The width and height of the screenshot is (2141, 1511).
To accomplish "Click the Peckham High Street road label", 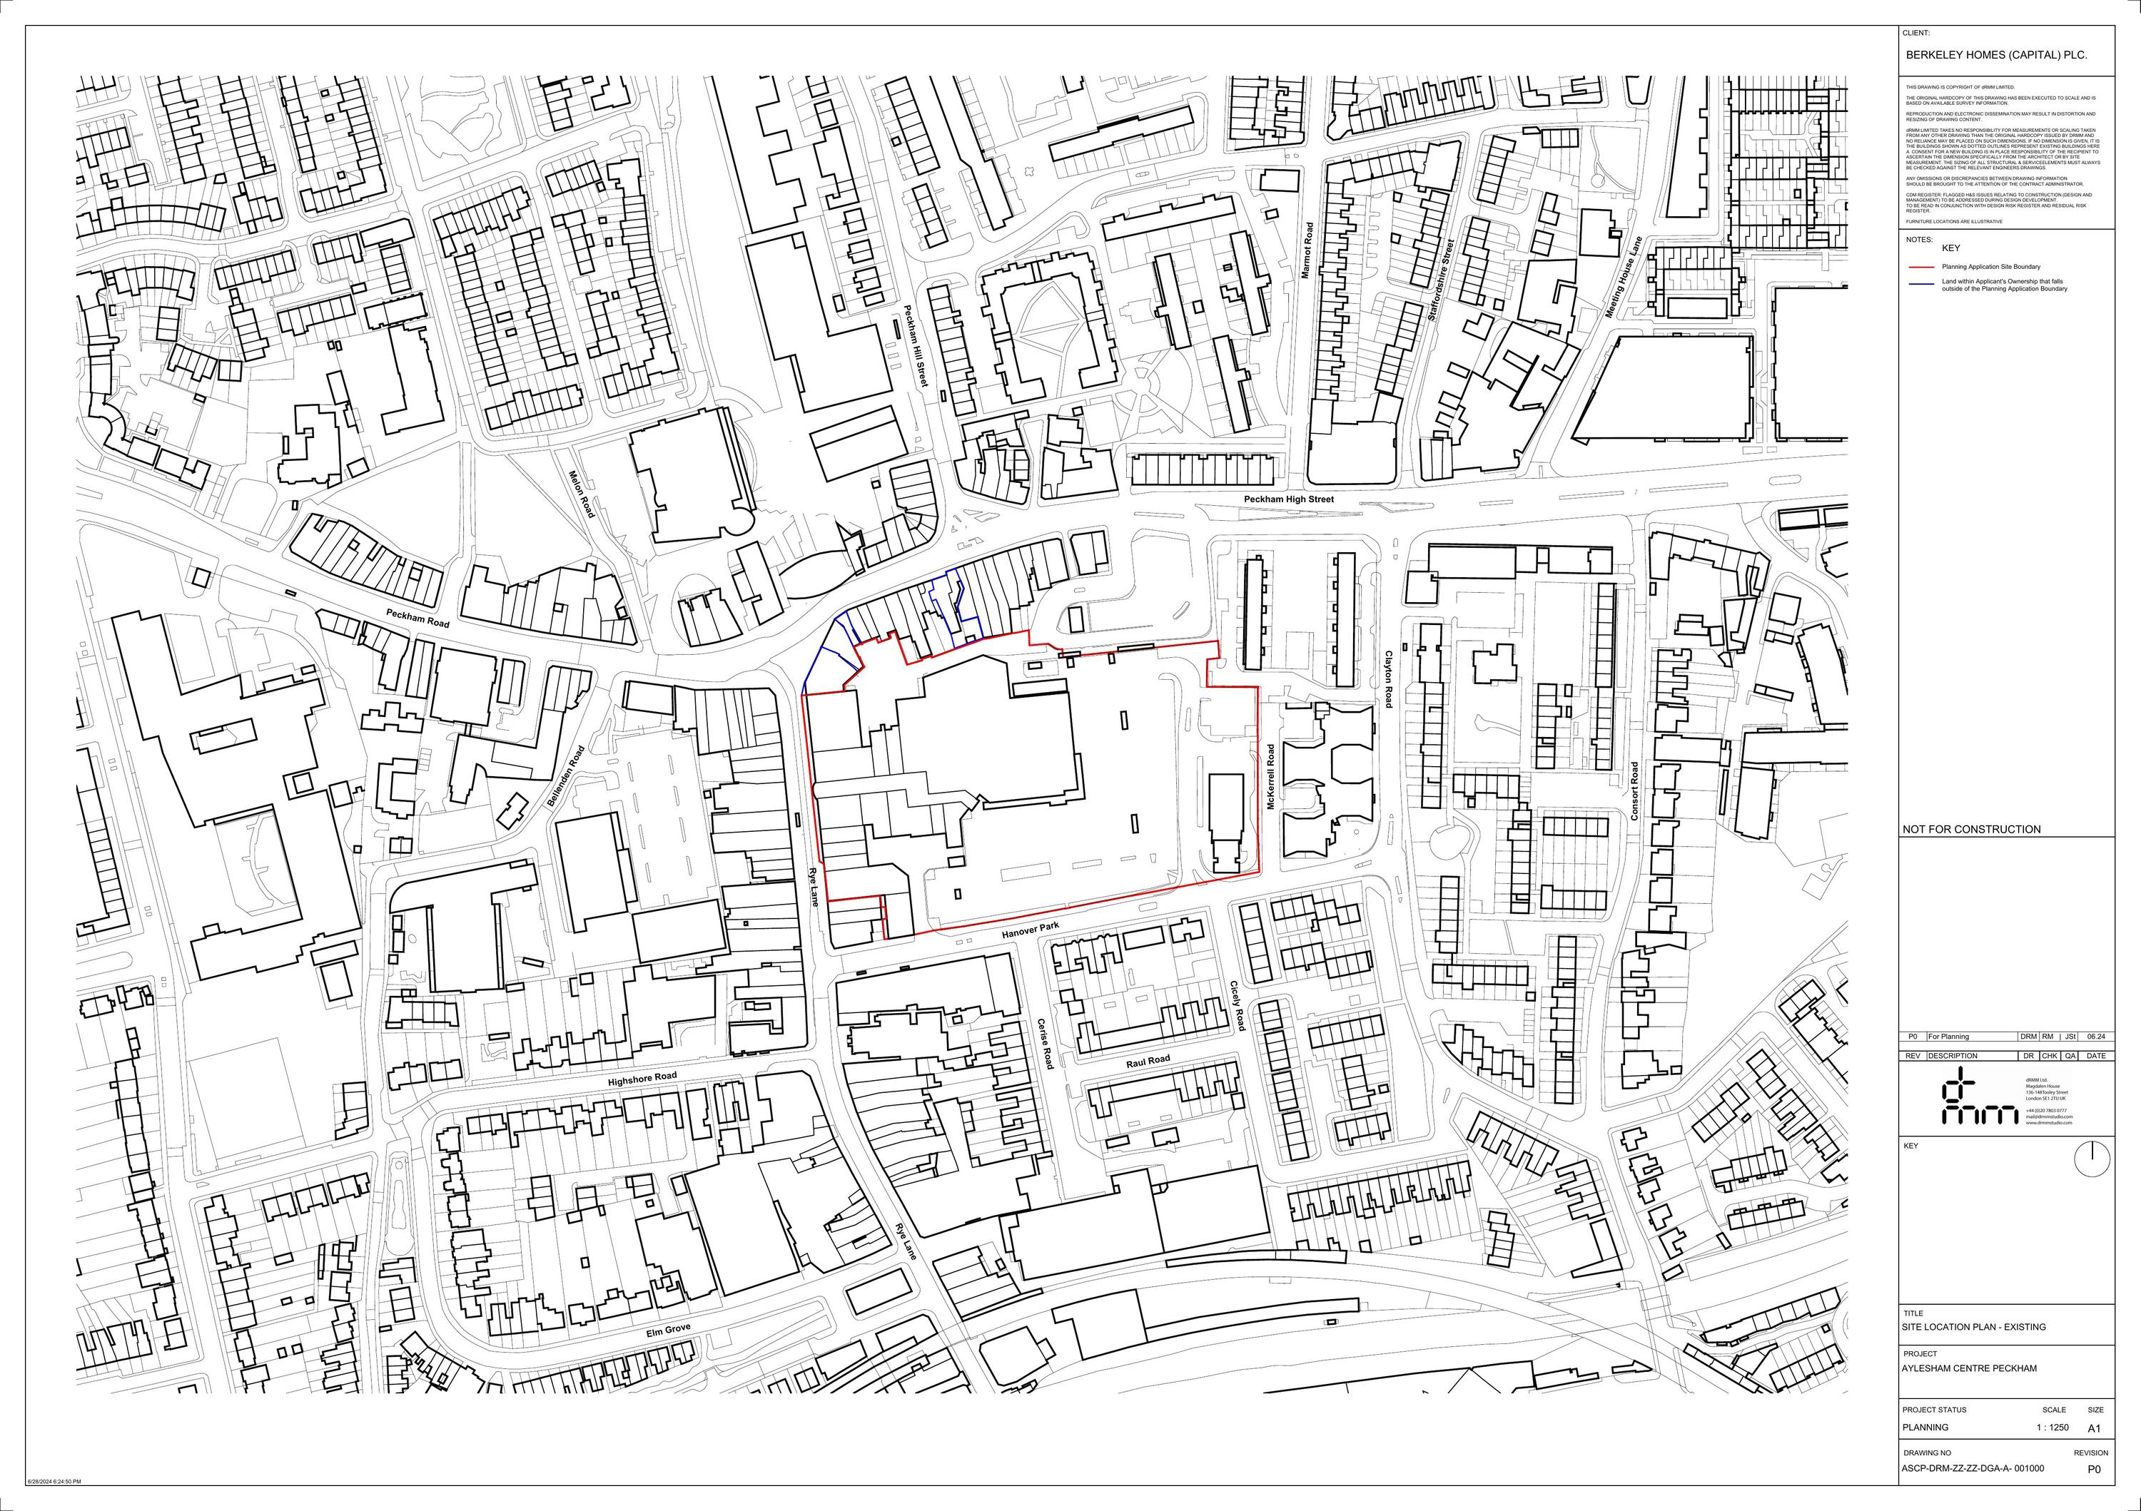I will click(x=1289, y=499).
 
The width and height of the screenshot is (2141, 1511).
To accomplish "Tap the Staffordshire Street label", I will click(x=1441, y=280).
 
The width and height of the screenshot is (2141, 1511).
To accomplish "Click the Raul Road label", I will click(x=1147, y=1061).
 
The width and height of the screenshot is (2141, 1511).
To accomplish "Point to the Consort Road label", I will click(x=1634, y=791).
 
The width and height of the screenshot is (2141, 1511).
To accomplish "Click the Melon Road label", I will click(x=581, y=493).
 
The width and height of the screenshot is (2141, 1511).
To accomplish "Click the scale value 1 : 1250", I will click(x=2053, y=1427).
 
